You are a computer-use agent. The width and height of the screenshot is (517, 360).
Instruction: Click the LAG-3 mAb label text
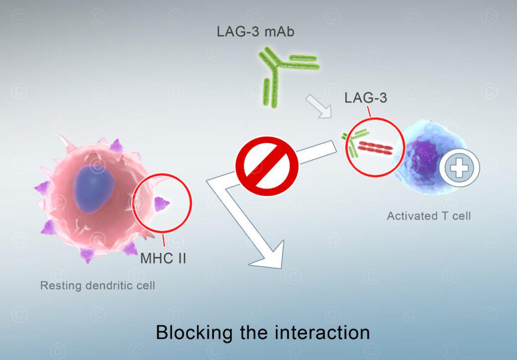pos(255,31)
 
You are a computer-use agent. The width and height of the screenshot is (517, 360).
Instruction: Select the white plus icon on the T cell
pos(459,168)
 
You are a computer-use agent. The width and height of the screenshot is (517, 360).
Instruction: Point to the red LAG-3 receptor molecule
pos(376,148)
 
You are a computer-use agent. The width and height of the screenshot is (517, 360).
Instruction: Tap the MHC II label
pos(163,259)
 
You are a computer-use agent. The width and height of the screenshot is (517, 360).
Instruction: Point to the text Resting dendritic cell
pos(97,285)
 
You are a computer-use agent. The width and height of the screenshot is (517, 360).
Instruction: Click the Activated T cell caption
pos(429,216)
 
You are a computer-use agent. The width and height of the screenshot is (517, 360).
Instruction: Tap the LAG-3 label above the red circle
pos(366,97)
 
